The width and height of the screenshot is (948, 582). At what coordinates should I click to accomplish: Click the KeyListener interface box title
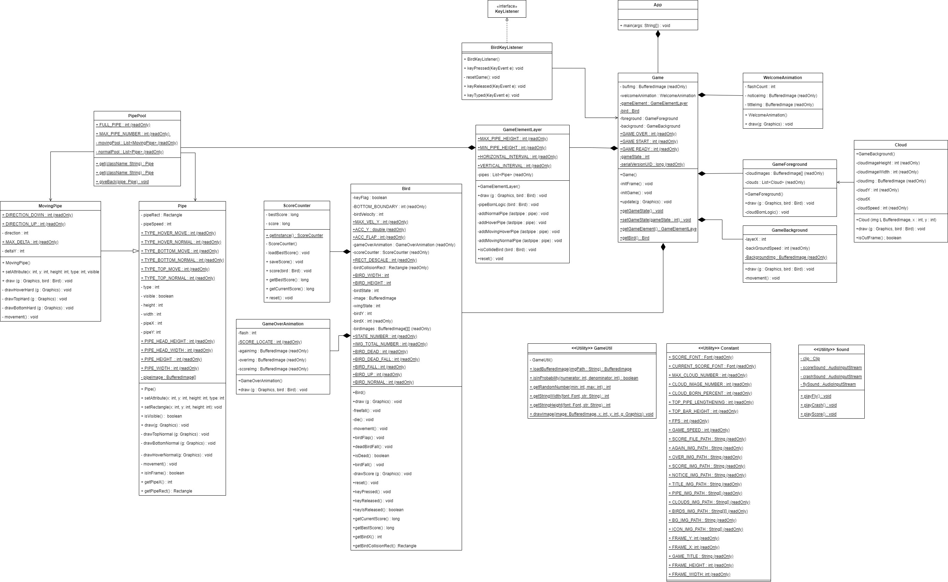coord(506,11)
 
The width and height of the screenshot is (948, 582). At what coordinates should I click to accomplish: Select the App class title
coord(657,5)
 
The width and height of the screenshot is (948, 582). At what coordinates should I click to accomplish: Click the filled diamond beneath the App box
coord(658,34)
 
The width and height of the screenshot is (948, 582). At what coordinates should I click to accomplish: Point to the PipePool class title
coord(137,116)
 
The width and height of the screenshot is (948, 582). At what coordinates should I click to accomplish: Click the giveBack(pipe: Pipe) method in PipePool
coord(122,182)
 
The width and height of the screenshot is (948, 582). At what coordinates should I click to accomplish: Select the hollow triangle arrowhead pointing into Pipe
coord(135,251)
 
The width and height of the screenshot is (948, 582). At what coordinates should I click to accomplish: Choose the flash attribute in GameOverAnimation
coord(247,333)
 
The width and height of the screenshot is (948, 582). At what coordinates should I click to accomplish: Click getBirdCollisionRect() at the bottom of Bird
coord(384,546)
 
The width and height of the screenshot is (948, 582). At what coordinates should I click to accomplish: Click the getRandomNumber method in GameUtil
coord(570,387)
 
